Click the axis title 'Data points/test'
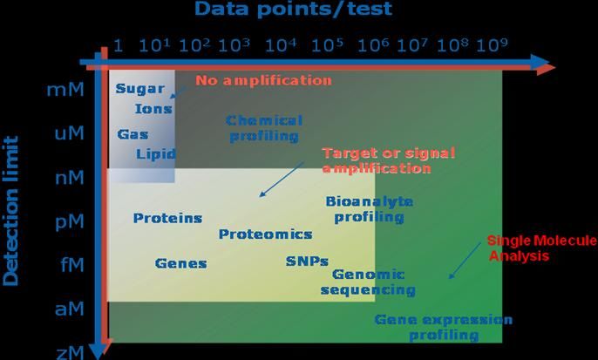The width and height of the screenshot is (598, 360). pos(293,9)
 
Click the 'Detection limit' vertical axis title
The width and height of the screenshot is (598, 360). pos(10,211)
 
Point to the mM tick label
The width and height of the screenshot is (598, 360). pos(65,90)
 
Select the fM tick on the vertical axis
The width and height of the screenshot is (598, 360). pos(72,264)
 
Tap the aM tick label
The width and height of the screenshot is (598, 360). pos(70,309)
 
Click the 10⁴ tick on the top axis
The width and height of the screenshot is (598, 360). pos(281,45)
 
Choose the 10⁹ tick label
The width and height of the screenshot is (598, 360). pos(492,45)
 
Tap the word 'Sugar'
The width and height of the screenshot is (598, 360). pos(140,89)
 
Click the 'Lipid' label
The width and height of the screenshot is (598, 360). pos(156,153)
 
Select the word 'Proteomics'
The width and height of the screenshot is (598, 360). pos(265,234)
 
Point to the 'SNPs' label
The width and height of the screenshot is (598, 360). pos(307,262)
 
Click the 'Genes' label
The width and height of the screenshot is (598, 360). pos(180,263)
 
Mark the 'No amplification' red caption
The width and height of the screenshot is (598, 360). pos(263,80)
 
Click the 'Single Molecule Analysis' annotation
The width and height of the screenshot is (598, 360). pos(542,248)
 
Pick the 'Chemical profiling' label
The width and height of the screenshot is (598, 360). pos(264,128)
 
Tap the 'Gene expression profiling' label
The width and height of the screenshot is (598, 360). pos(443,327)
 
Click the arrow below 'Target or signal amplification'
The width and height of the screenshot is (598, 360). pos(282,180)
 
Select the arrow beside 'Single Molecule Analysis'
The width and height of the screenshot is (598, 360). pos(465,260)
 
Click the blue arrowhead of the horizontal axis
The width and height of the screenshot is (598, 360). pos(540,62)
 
